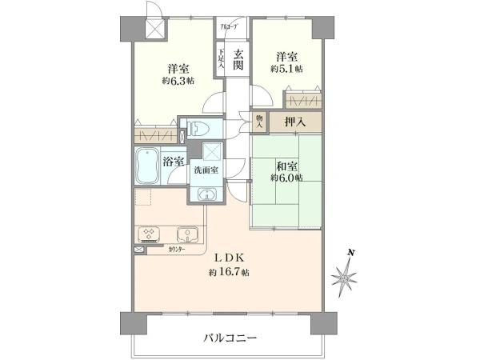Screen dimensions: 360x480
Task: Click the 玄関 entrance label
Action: (238, 60)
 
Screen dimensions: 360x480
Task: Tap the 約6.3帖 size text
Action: (178, 82)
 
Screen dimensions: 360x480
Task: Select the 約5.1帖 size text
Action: (286, 69)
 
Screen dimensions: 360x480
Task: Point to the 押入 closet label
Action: (294, 122)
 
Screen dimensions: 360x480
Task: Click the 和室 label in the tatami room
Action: (286, 166)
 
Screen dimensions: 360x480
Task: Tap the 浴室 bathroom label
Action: (174, 161)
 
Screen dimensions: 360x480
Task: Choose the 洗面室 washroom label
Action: (206, 170)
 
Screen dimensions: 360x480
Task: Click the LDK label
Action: (228, 258)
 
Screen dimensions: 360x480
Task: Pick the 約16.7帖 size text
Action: (229, 273)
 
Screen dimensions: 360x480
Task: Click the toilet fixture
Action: (204, 128)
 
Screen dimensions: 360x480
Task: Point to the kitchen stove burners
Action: (150, 234)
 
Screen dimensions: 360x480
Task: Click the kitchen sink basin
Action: (188, 234)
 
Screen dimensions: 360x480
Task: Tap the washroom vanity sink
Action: (206, 194)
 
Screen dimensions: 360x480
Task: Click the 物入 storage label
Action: (259, 122)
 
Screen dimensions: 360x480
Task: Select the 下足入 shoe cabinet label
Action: (221, 59)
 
